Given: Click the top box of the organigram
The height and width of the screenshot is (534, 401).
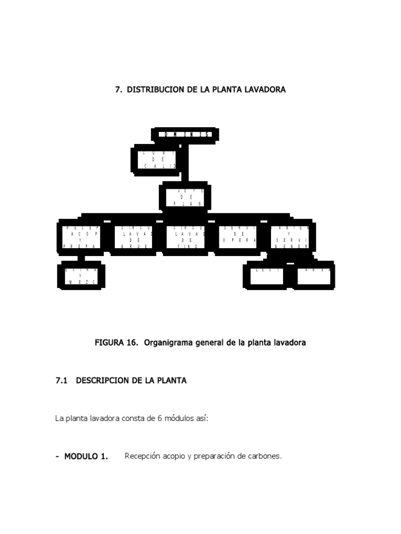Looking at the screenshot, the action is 185,135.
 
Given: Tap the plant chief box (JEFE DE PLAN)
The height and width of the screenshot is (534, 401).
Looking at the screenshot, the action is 185,197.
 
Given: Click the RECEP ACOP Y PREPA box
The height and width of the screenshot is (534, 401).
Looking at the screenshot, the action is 80,237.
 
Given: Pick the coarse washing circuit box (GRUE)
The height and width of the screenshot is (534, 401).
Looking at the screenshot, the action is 133,237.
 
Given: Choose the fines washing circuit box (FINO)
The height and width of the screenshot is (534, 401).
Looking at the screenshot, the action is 185,237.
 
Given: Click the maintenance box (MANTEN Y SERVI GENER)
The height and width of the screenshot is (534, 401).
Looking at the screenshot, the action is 292,237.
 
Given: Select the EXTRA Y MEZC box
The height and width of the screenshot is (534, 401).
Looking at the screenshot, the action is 80,276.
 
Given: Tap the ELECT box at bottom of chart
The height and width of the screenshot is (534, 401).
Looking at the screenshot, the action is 265,275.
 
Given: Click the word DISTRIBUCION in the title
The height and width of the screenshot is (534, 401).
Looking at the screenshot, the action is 156,90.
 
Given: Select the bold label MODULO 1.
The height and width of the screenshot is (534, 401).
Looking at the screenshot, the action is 86,457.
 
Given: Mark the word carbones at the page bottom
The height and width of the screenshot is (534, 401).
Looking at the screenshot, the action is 264,456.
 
